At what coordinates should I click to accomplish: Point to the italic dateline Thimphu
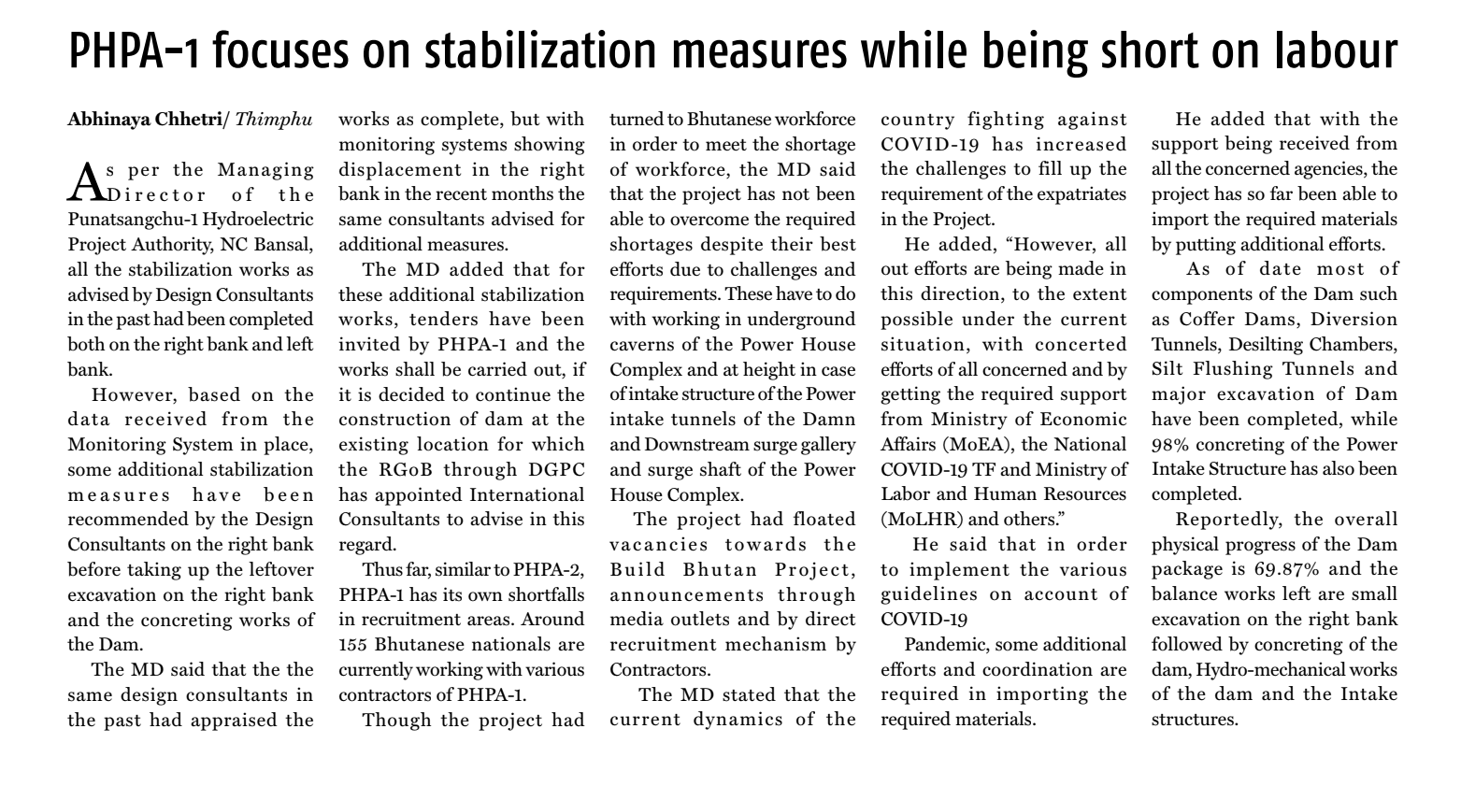coord(274,120)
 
